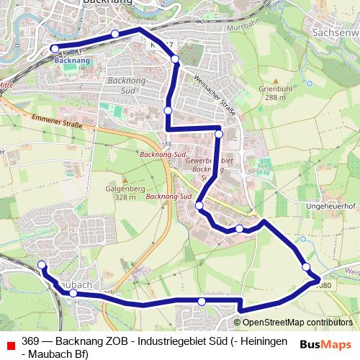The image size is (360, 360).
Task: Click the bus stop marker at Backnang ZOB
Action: pos(55,49)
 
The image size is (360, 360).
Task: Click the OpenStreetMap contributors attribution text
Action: pos(297,323)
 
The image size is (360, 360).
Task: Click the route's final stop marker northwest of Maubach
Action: pos(42,265)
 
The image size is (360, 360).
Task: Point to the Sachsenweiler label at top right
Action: pos(336,32)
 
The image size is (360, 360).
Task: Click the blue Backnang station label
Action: pos(72,61)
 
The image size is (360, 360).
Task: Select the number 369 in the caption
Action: pos(30,341)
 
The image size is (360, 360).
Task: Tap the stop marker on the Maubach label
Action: pos(73,293)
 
